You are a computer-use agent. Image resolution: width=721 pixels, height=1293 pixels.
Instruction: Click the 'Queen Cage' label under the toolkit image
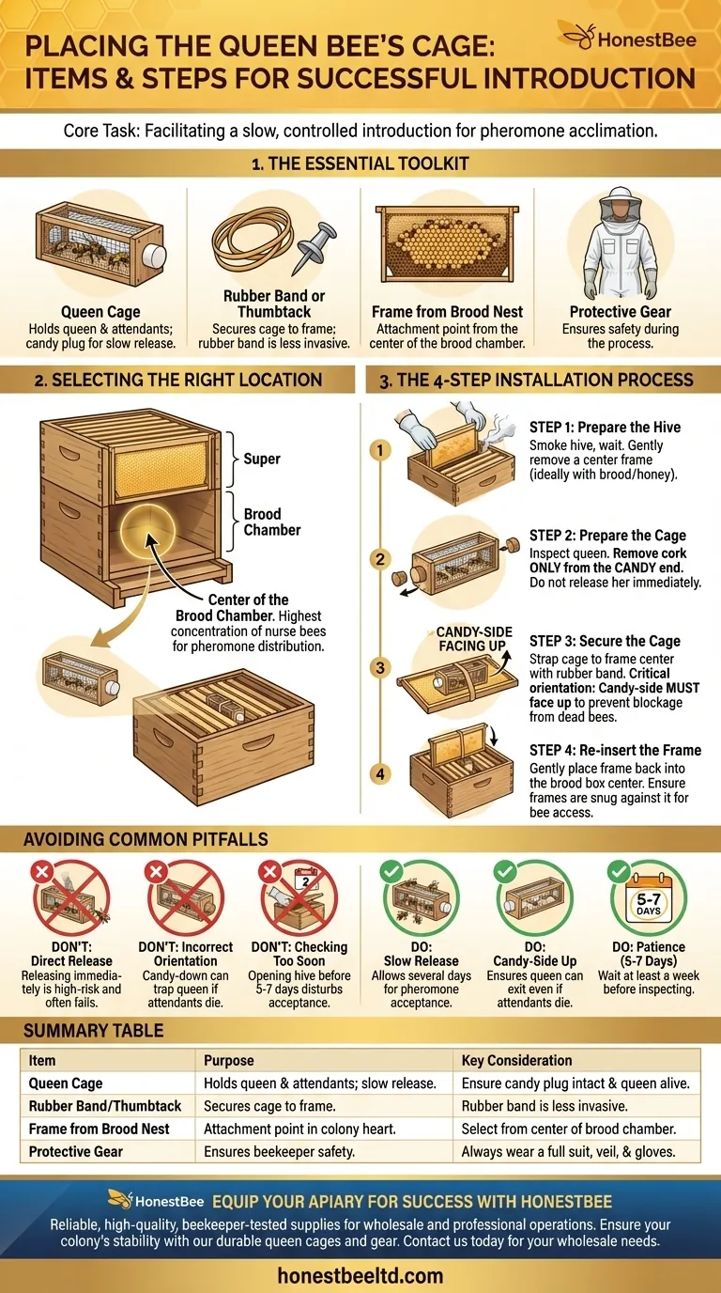pyautogui.click(x=100, y=312)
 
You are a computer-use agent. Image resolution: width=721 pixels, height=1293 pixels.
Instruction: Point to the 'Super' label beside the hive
pyautogui.click(x=262, y=459)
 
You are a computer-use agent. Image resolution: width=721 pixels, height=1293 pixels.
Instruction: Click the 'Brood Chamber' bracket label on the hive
pyautogui.click(x=272, y=522)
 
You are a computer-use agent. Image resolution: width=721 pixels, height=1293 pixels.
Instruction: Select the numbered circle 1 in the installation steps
pyautogui.click(x=379, y=450)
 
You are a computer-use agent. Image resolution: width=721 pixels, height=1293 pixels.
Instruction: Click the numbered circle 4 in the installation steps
pyautogui.click(x=379, y=774)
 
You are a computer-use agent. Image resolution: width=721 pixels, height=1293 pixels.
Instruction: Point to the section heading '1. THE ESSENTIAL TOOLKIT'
pyautogui.click(x=360, y=164)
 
